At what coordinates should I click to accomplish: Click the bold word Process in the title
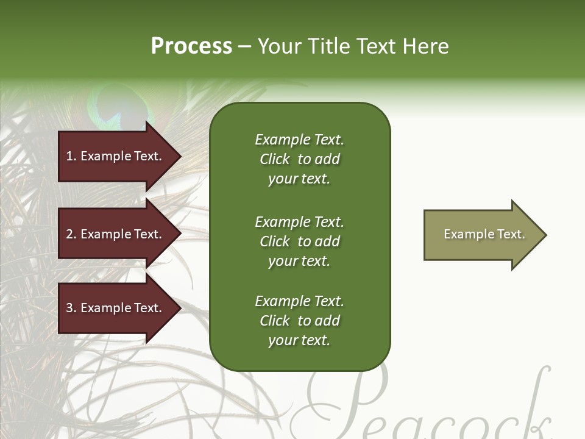pyautogui.click(x=191, y=46)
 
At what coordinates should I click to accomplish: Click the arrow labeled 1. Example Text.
pyautogui.click(x=116, y=156)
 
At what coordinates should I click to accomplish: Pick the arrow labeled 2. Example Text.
pyautogui.click(x=116, y=234)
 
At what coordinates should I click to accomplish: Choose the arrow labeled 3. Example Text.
pyautogui.click(x=116, y=308)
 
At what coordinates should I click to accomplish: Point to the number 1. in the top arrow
pyautogui.click(x=71, y=156)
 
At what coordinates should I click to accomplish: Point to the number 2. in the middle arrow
pyautogui.click(x=71, y=234)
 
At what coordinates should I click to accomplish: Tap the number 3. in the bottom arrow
pyautogui.click(x=71, y=308)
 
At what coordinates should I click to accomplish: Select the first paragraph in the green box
pyautogui.click(x=299, y=159)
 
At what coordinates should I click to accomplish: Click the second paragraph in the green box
pyautogui.click(x=299, y=241)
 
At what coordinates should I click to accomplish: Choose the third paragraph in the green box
pyautogui.click(x=299, y=321)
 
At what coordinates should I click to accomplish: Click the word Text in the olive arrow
pyautogui.click(x=511, y=234)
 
